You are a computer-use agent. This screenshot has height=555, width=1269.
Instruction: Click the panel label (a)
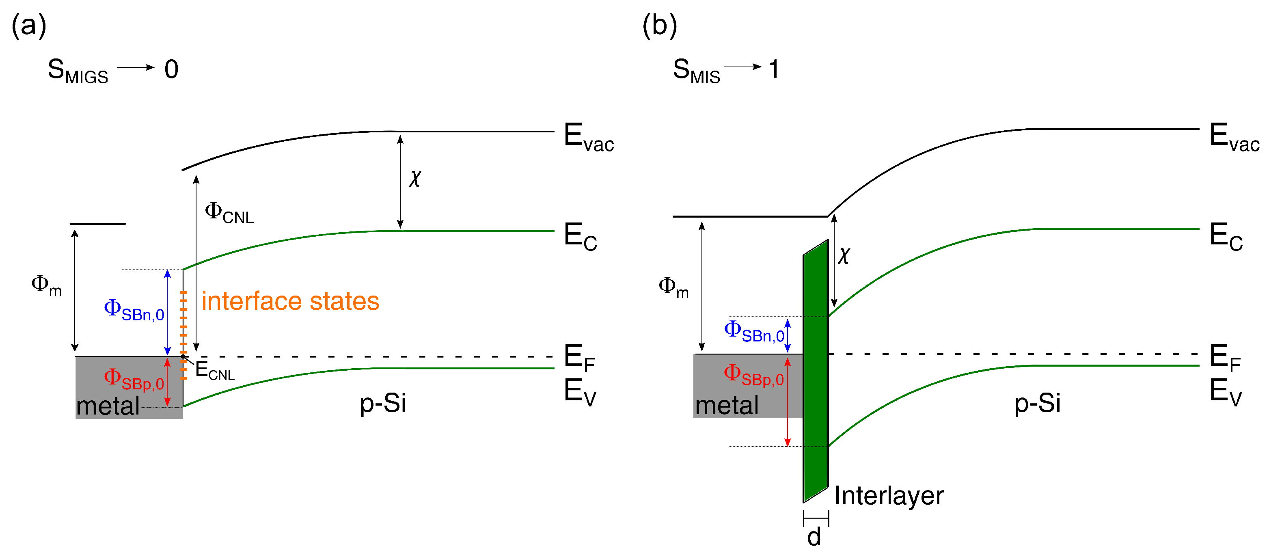(x=28, y=25)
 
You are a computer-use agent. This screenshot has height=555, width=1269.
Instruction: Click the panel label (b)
(x=660, y=25)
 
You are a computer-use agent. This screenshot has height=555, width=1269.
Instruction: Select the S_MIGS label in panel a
(x=78, y=71)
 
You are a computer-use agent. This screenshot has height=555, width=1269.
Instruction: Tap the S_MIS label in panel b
(x=696, y=71)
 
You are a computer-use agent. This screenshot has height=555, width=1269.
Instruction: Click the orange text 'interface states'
(x=290, y=301)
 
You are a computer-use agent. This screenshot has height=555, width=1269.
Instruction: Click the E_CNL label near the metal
(x=214, y=371)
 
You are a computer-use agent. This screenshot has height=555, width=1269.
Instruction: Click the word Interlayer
(x=889, y=496)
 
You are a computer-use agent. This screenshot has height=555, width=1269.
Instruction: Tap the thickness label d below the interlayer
(x=814, y=537)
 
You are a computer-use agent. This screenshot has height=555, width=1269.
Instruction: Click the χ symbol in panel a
(x=415, y=177)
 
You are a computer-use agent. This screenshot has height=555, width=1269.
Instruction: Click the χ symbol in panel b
(x=844, y=255)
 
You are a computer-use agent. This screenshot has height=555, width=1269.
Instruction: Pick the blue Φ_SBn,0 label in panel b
(x=754, y=331)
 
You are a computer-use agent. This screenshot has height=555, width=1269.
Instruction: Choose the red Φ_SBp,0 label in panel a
(x=134, y=379)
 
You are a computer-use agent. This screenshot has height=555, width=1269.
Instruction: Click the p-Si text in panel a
(x=383, y=403)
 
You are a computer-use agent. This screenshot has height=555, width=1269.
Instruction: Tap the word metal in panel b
(x=727, y=406)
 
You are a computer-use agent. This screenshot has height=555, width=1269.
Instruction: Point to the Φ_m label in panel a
(x=46, y=285)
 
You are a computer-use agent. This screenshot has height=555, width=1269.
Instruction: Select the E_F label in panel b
(x=1225, y=357)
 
